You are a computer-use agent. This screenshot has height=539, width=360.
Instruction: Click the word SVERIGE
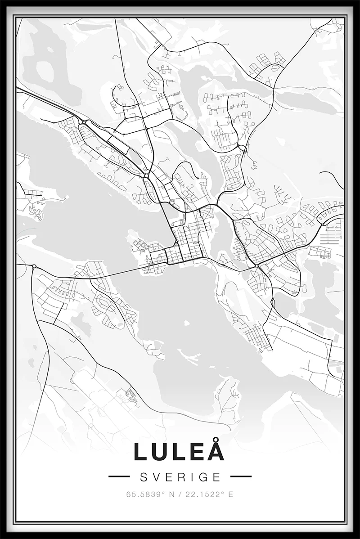click(180, 476)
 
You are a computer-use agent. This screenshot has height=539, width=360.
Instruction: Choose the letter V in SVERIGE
click(155, 476)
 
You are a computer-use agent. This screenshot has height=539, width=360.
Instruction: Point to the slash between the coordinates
click(181, 494)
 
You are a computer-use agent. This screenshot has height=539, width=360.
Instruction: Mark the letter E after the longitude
click(230, 494)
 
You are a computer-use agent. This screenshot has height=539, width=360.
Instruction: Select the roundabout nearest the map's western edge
click(34, 266)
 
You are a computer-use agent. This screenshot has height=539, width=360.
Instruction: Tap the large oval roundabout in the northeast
click(243, 148)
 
